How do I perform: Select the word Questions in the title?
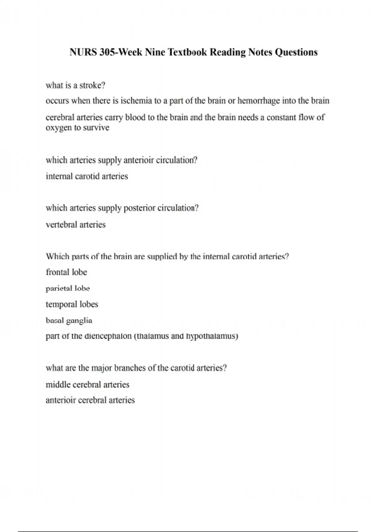coord(296,52)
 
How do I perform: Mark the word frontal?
coord(57,272)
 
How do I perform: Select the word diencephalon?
coord(108,336)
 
